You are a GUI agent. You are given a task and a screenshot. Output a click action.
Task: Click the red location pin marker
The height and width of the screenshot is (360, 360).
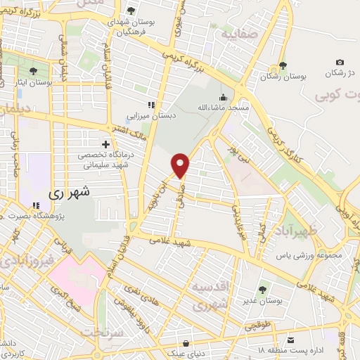(x=181, y=165)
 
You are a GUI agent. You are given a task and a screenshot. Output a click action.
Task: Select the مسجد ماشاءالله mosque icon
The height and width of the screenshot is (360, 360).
(x=224, y=97)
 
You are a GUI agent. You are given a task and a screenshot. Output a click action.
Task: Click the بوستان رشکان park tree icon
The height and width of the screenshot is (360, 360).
(x=283, y=66)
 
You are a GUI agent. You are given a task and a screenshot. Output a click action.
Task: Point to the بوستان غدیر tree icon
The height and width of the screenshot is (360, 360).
(x=262, y=289)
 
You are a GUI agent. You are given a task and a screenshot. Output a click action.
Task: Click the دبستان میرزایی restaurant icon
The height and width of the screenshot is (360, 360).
(x=150, y=105)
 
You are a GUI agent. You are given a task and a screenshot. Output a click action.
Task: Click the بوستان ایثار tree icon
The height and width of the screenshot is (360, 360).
(x=33, y=70)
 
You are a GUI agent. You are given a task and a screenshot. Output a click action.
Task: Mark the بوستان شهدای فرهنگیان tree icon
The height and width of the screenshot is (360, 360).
(x=131, y=11)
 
